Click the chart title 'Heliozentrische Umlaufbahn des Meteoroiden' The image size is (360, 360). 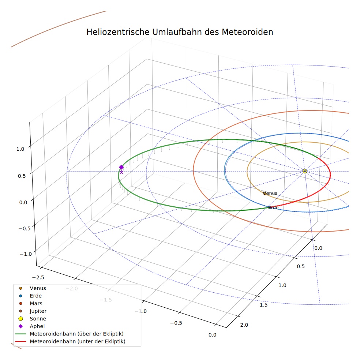point(180,32)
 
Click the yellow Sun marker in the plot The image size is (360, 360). point(305,171)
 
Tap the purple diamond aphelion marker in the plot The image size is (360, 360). point(121,167)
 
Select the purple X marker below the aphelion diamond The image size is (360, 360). point(121,172)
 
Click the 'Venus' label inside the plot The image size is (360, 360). point(270,193)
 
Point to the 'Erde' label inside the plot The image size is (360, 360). point(273,207)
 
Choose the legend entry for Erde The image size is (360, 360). point(30,296)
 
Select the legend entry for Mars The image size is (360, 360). point(30,303)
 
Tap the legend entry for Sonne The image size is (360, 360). point(32,319)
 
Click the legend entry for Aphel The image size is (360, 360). point(31,326)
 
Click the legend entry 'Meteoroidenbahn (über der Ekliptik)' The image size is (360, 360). point(70,334)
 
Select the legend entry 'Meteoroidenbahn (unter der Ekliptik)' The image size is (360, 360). point(70,341)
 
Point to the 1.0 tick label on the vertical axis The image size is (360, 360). point(20,149)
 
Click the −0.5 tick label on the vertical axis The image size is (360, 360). point(25,228)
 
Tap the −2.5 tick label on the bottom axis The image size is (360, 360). point(38,277)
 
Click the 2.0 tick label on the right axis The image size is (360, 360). point(244,325)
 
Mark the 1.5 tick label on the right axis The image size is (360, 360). point(263,305)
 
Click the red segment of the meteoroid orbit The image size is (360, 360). point(330,176)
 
